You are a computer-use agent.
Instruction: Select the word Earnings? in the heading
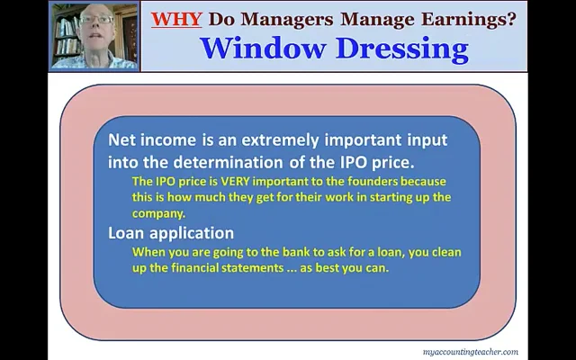point(476,17)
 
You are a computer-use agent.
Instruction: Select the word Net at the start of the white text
point(121,140)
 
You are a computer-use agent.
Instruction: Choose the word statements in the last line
point(265,269)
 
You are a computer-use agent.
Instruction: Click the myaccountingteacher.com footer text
point(470,352)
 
